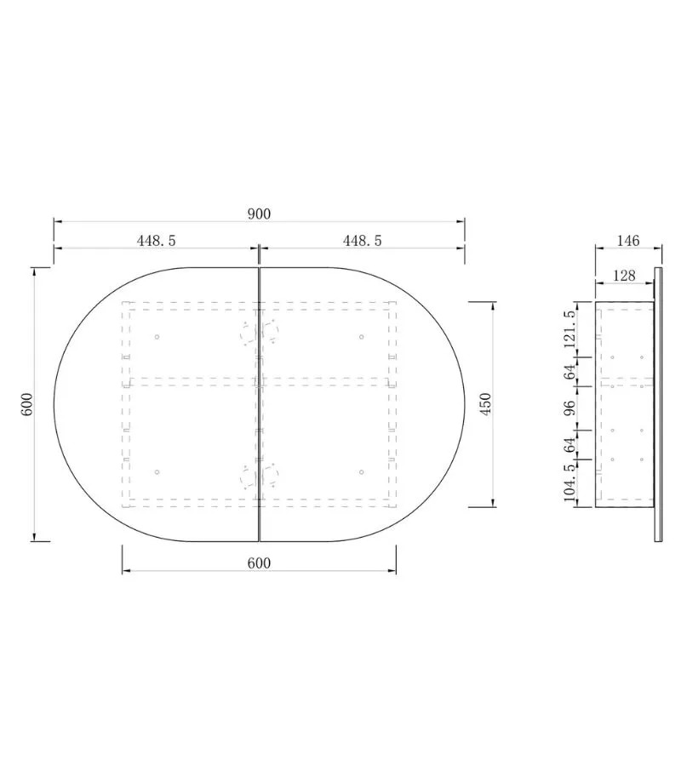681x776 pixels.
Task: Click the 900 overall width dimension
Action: tap(259, 214)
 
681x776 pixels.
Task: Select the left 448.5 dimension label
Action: tap(157, 241)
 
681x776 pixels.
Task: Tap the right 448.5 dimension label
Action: tap(363, 241)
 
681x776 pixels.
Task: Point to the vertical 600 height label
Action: tap(27, 404)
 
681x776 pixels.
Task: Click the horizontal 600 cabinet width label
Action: tap(259, 563)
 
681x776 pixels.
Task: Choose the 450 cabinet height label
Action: tap(485, 404)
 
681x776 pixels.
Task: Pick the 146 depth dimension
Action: tap(628, 241)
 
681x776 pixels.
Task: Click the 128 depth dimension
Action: tap(624, 276)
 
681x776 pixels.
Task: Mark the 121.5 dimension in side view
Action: tap(569, 328)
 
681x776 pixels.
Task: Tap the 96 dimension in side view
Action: tap(569, 408)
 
